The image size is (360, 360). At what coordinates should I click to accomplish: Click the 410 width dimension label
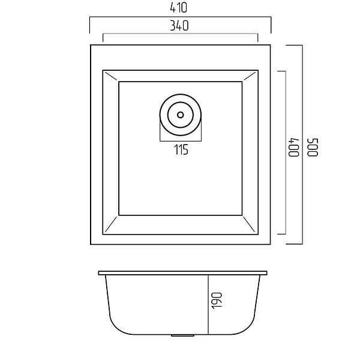(179, 8)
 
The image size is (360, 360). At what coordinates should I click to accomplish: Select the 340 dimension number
(179, 26)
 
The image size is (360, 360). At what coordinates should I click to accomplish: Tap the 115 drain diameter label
(181, 149)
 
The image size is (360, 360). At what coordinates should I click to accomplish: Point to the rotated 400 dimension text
(294, 148)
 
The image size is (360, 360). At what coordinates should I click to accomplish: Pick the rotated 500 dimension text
(313, 148)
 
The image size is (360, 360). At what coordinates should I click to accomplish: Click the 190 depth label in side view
(217, 301)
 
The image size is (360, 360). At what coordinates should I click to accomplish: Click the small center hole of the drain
(181, 115)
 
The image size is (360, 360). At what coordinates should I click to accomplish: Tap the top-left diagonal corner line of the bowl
(111, 76)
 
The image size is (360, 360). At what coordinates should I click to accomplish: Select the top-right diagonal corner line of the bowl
(250, 76)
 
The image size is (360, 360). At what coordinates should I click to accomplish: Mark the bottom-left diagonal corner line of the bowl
(112, 224)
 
